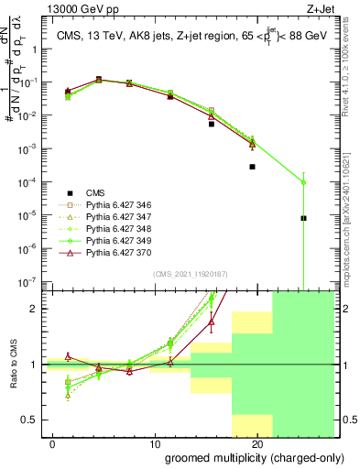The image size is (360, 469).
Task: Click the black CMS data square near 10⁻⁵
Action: [303, 218]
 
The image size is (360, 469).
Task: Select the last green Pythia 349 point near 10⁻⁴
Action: [303, 182]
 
